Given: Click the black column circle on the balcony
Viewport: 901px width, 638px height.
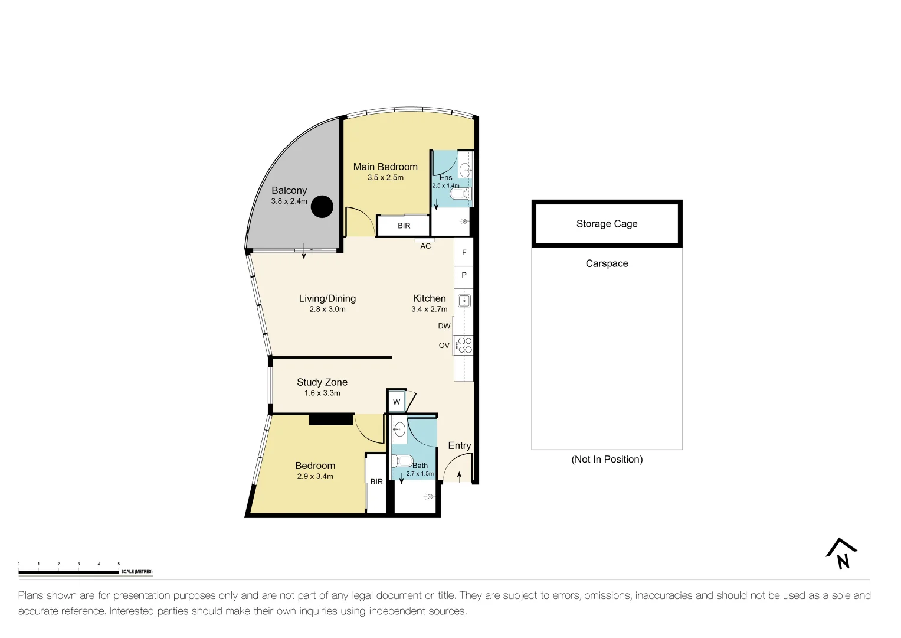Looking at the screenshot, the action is click(x=322, y=207).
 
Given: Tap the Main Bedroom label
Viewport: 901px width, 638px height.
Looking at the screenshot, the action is click(x=385, y=167).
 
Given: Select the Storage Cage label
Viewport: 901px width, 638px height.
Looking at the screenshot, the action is click(x=607, y=224).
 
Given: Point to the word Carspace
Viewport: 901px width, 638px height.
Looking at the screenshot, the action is click(x=607, y=263).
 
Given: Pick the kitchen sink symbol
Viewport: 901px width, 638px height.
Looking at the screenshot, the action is click(x=464, y=301).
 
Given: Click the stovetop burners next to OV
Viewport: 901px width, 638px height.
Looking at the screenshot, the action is click(x=464, y=345).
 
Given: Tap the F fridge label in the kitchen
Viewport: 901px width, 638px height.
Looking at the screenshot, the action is click(x=464, y=253).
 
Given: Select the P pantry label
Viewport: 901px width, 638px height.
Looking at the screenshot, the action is click(x=464, y=275).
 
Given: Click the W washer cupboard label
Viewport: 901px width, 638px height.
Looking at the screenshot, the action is click(x=397, y=402).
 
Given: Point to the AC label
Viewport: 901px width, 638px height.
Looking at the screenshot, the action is click(x=425, y=246).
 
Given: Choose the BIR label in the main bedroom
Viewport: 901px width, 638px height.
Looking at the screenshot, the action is click(x=404, y=226).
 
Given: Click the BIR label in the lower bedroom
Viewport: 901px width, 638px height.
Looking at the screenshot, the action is click(x=376, y=481).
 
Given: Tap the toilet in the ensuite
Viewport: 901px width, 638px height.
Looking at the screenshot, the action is click(x=461, y=194).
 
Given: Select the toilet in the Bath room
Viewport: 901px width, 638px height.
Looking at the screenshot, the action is click(x=402, y=460).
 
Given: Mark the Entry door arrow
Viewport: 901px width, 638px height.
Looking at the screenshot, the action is click(x=459, y=477).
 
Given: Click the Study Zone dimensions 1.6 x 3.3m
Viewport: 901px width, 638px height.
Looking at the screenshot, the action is click(x=322, y=393).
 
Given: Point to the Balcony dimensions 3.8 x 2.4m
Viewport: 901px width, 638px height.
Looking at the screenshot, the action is click(x=289, y=201).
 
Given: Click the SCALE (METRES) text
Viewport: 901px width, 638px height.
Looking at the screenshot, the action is click(x=137, y=572).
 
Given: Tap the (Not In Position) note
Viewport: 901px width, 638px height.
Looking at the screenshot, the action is click(x=607, y=460).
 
